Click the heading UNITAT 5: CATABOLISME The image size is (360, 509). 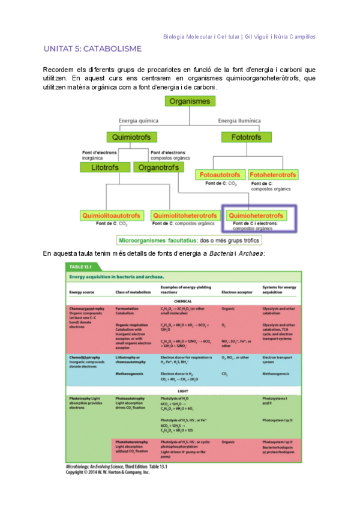pyautogui.click(x=92, y=48)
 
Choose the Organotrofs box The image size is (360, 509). pyautogui.click(x=157, y=167)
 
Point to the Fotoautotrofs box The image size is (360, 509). pyautogui.click(x=220, y=175)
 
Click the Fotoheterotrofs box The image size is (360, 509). pyautogui.click(x=272, y=175)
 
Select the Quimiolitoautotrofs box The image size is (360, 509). pyautogui.click(x=112, y=215)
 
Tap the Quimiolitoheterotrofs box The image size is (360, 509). pyautogui.click(x=184, y=215)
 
